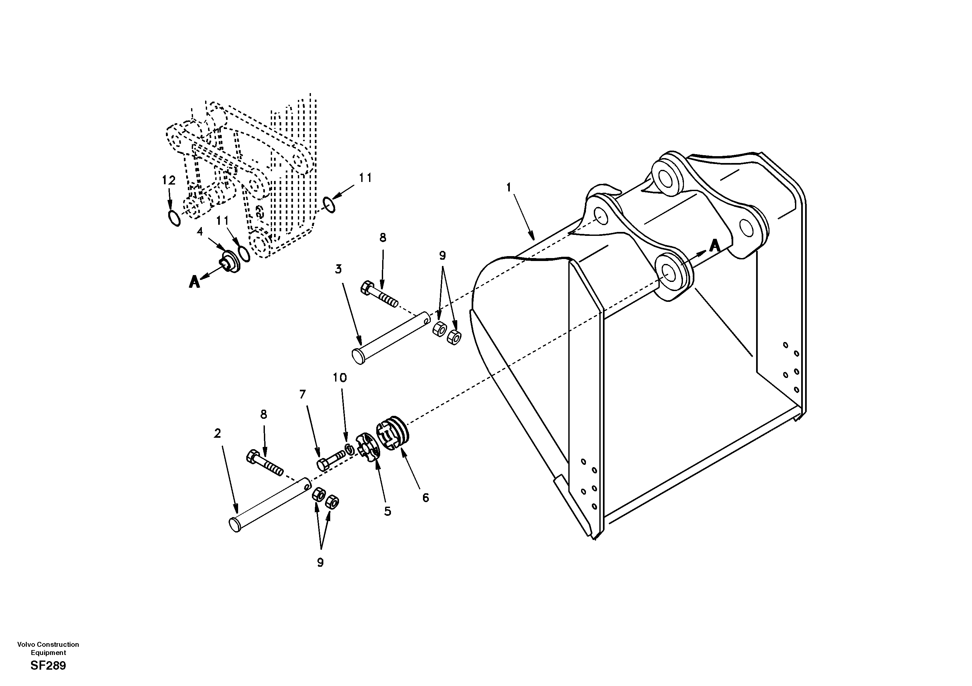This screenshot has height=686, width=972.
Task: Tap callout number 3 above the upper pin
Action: tap(338, 269)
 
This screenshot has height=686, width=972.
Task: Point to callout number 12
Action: tap(169, 181)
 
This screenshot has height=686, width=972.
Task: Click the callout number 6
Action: tap(426, 498)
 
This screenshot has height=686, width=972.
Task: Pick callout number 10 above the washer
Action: tap(340, 378)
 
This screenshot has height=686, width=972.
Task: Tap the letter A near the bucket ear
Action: tap(715, 246)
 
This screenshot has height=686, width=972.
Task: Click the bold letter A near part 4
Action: tap(194, 282)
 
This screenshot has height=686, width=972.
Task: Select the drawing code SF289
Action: tap(48, 666)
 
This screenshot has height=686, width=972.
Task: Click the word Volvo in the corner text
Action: tap(25, 645)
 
